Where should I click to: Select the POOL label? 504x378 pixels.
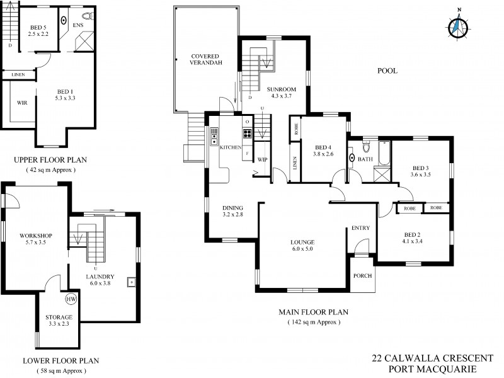click(x=387, y=71)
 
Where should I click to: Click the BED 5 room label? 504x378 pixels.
click(x=38, y=30)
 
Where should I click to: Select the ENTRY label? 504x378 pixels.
click(x=360, y=228)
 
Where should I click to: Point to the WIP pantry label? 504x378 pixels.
click(x=263, y=159)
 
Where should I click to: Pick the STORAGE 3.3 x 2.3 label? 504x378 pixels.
click(x=59, y=320)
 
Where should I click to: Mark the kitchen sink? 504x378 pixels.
click(x=215, y=134)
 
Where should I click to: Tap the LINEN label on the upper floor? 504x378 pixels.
click(x=18, y=75)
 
